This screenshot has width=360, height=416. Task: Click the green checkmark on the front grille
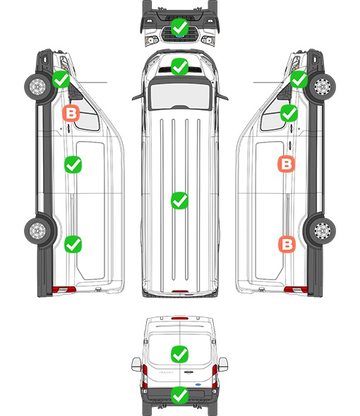179,27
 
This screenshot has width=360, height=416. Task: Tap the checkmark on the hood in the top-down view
179,66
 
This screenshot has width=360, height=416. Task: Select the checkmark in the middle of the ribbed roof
179,200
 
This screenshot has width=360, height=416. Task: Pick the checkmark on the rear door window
179,354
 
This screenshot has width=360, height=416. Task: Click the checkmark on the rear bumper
179,396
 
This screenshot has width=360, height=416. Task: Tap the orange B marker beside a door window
71,114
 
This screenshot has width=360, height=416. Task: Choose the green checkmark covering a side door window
289,114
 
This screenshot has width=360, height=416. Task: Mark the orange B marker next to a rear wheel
287,244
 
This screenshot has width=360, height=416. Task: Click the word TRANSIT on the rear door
166,372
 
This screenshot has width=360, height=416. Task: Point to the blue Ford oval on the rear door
198,384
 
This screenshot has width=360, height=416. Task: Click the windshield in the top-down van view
180,95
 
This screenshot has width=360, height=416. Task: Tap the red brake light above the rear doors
180,318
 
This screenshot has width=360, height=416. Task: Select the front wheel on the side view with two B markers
322,87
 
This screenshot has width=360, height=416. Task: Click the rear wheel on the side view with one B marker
37,231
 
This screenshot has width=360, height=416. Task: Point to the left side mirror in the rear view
136,365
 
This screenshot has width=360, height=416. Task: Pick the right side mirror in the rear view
223,365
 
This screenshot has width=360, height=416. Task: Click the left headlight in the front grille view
152,40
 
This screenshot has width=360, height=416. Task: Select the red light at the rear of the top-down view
180,291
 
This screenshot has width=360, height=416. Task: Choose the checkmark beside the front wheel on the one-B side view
61,80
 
